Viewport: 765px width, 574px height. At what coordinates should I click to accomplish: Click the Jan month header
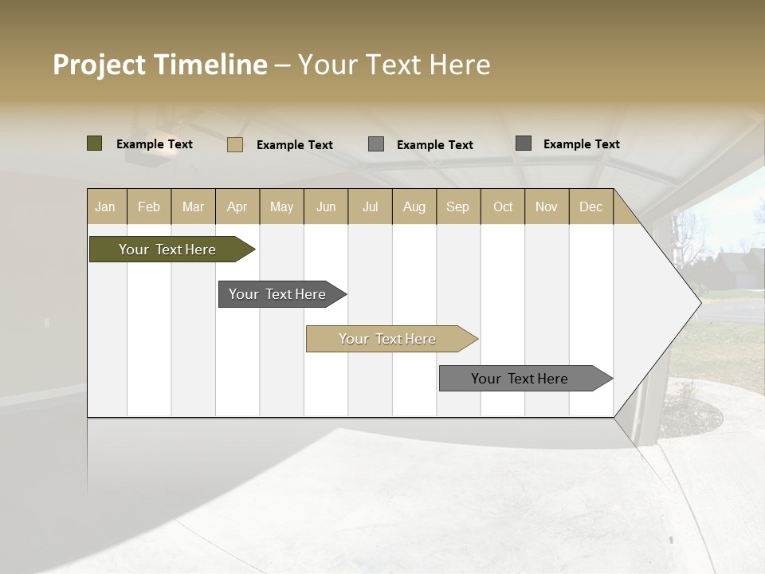click(105, 207)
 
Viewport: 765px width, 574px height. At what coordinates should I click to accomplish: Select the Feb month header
click(149, 207)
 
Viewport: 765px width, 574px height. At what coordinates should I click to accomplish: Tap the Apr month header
click(237, 207)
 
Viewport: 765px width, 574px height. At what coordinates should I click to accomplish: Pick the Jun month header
click(326, 207)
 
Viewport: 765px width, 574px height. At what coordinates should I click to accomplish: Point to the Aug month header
click(414, 207)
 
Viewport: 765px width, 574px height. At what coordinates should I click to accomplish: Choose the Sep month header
click(458, 207)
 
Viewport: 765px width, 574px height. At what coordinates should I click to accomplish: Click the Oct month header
click(503, 207)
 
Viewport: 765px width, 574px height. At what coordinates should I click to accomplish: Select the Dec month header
click(591, 207)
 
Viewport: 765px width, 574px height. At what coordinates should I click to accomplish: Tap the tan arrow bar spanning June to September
click(388, 339)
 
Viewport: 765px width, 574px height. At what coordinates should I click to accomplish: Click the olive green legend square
click(95, 143)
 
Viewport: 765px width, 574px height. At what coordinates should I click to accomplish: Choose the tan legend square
click(235, 144)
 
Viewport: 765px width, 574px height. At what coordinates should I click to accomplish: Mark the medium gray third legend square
click(376, 144)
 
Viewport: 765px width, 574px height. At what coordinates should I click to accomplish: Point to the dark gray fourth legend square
click(524, 143)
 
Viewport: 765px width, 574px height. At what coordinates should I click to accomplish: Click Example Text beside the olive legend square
click(155, 144)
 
